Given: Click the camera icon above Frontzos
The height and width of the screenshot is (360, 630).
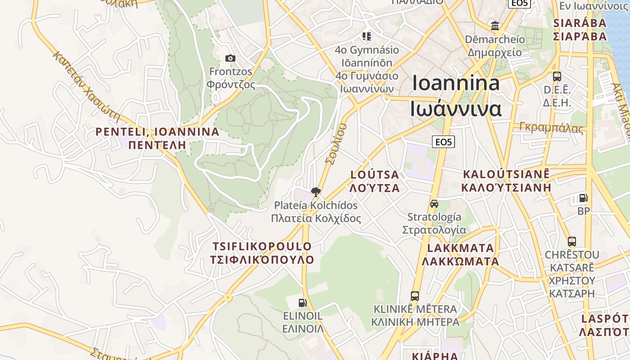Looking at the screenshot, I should (x=230, y=58).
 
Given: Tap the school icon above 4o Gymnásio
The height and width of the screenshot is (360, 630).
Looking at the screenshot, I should (x=367, y=36).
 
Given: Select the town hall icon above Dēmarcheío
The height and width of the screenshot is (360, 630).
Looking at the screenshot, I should (x=495, y=26).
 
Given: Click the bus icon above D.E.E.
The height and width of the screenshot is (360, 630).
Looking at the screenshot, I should (x=557, y=76).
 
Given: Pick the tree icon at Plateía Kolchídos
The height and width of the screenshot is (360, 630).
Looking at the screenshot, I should (x=316, y=192).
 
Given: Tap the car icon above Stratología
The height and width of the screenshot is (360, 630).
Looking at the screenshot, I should (x=434, y=203).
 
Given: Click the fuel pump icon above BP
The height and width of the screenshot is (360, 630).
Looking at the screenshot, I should (x=583, y=198).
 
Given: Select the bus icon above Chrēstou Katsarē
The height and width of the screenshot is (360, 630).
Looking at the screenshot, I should (x=571, y=242).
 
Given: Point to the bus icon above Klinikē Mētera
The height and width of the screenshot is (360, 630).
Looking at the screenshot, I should (x=415, y=296).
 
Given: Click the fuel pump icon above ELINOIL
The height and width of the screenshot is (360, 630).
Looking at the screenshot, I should (x=303, y=303).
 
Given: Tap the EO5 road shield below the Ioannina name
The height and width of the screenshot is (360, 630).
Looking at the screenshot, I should (x=443, y=142).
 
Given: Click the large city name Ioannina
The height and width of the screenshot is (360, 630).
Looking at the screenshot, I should (x=456, y=95).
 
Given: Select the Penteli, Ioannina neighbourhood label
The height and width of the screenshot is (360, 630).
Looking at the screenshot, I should (x=157, y=138).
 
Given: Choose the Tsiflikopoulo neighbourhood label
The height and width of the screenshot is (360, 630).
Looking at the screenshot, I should (x=262, y=253).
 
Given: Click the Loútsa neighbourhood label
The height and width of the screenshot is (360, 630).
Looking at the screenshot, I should (x=375, y=181).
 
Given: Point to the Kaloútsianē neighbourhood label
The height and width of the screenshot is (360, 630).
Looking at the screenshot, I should (x=506, y=180).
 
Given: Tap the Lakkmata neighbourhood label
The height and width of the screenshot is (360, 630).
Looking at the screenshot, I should (x=460, y=254).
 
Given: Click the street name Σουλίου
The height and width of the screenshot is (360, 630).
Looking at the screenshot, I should (x=337, y=144).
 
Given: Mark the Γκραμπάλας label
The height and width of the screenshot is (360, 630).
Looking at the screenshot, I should (x=551, y=128).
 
